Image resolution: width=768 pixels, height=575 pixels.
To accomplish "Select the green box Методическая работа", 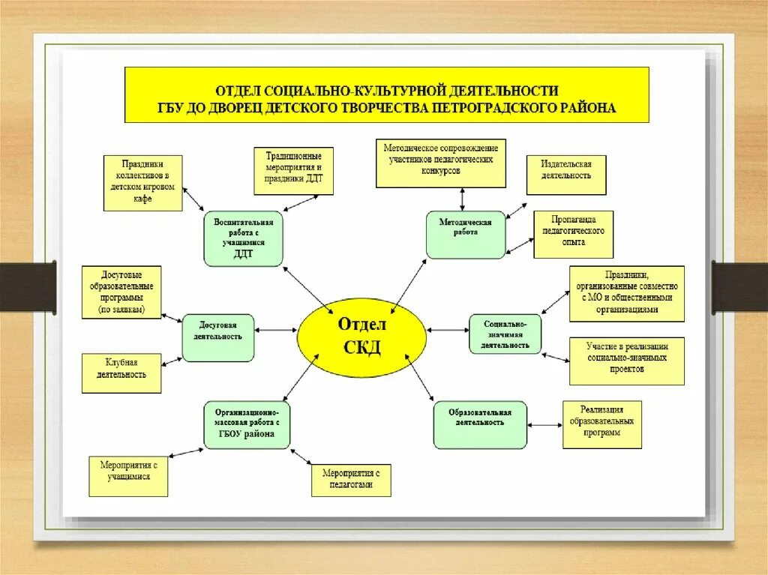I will tap(466, 235).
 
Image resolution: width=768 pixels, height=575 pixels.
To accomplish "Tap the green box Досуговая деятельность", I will tap(218, 337).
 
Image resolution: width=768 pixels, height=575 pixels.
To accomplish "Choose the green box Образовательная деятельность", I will tap(480, 425).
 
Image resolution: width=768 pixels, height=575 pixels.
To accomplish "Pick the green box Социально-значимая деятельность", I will tap(505, 334).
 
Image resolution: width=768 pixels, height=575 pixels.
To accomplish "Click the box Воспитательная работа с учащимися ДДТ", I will tap(243, 238).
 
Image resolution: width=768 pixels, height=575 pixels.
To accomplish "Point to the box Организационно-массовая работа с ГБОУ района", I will tap(247, 425).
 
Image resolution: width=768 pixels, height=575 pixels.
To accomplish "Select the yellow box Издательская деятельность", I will tap(565, 175).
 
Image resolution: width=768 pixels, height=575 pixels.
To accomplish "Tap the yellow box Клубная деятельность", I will tap(121, 373).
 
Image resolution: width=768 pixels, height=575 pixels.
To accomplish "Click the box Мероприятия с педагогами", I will tap(352, 480).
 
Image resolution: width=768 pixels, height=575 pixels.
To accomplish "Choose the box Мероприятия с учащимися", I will tap(128, 476).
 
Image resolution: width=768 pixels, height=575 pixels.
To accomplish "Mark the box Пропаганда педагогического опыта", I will tap(574, 234).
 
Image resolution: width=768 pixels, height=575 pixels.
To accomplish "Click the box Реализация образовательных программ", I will tap(601, 424).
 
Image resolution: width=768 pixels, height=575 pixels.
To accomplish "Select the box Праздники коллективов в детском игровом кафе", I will tap(142, 182).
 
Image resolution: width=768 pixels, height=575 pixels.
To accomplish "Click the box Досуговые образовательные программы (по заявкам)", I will tap(121, 292).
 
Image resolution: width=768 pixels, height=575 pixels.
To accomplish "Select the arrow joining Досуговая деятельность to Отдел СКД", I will tap(276, 329).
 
